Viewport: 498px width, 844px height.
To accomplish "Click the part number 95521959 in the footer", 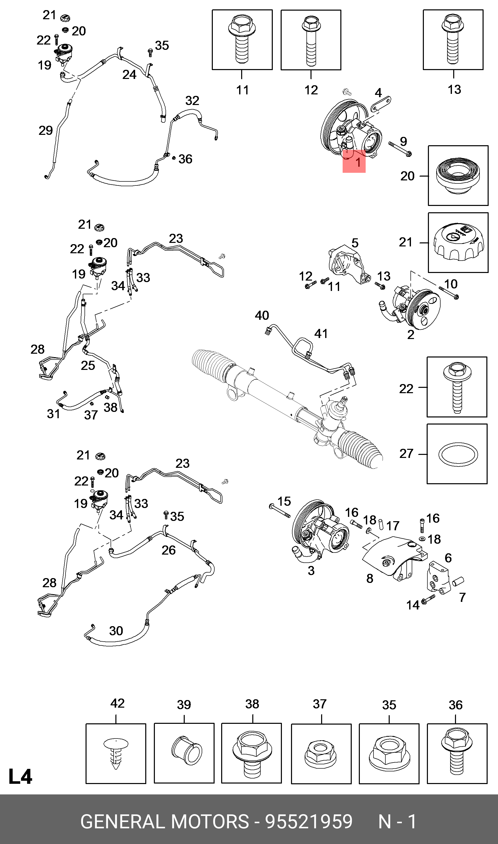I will (x=308, y=821).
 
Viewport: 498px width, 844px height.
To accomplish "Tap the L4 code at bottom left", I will (x=20, y=776).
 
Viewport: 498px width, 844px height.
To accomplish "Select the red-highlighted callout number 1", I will (x=358, y=162).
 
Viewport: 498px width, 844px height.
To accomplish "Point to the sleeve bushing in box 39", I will (x=186, y=750).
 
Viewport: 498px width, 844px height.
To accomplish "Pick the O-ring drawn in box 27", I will (x=458, y=454).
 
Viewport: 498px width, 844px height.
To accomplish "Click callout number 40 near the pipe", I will (x=262, y=315).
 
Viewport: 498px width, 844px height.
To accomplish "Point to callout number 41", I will (x=321, y=333).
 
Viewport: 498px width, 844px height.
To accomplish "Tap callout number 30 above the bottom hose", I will (x=116, y=631).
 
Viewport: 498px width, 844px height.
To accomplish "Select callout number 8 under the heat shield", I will (x=369, y=578).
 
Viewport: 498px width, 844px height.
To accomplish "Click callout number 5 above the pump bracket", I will (x=355, y=243).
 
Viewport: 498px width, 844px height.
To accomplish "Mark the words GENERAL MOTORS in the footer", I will (x=164, y=821).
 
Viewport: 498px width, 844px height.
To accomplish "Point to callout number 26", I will (x=169, y=550).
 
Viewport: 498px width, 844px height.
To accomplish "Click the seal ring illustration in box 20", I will (x=458, y=176).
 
